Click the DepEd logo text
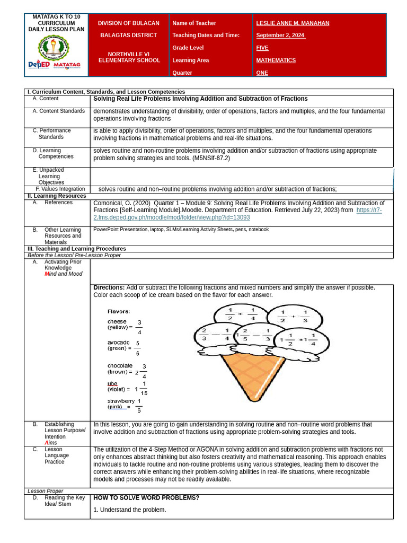(x=39, y=65)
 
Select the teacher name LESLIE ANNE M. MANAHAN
(x=293, y=23)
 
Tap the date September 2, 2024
(x=280, y=36)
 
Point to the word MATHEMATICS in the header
(x=276, y=60)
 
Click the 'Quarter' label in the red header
(x=182, y=73)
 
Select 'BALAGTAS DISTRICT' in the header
(x=129, y=36)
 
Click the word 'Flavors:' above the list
(x=119, y=311)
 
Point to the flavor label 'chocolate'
(x=120, y=366)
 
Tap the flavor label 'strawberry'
(x=121, y=401)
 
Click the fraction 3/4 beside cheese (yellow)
(x=139, y=327)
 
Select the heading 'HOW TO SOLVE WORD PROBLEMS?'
(x=146, y=498)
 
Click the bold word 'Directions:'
(x=109, y=287)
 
